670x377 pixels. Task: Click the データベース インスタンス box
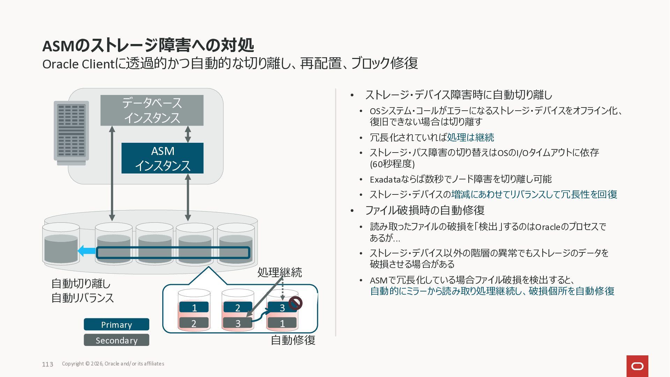tap(152, 110)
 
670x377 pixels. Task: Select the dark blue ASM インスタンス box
tap(162, 158)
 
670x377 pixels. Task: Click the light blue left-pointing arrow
tap(86, 251)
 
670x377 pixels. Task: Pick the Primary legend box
tap(117, 324)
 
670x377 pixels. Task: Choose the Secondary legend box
tap(117, 340)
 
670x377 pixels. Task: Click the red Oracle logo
tap(637, 366)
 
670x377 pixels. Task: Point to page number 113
tap(47, 364)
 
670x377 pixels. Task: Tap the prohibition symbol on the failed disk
tap(295, 303)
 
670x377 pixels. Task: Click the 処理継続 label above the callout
tap(280, 272)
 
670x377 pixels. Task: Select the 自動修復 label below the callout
tap(293, 340)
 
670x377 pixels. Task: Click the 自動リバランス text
tap(83, 298)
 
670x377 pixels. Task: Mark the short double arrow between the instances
tap(188, 134)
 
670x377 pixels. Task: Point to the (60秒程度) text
tap(392, 164)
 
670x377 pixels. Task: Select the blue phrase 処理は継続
tap(470, 138)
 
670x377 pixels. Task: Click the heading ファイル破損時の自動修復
tap(425, 210)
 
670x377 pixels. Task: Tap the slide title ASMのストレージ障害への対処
tap(148, 45)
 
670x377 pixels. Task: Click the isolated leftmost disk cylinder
tap(61, 244)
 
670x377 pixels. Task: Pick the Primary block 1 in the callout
tap(194, 308)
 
